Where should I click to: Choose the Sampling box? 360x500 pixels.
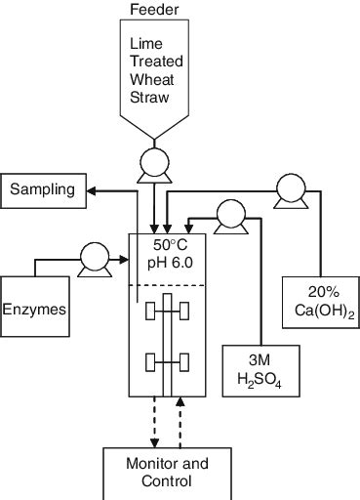42,189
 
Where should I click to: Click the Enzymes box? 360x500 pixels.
34,309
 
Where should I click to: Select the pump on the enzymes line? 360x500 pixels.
94,258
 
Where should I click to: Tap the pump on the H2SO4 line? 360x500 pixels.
230,212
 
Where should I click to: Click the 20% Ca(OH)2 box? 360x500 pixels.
318,302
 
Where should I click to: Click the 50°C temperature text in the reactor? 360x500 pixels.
168,244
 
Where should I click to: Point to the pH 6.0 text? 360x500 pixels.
168,263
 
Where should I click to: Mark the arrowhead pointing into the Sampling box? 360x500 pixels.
93,189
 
